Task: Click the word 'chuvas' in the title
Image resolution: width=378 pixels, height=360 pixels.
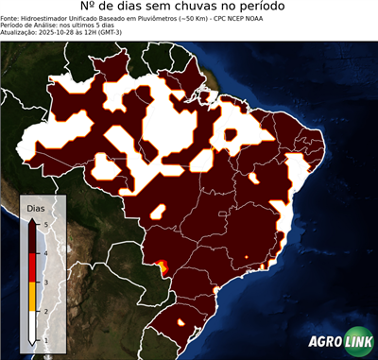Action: pos(190,9)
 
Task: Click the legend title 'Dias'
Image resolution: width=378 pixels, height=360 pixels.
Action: pos(35,207)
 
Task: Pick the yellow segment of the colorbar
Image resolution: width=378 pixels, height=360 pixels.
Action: pos(33,297)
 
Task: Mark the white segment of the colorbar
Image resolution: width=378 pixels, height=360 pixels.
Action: pos(33,326)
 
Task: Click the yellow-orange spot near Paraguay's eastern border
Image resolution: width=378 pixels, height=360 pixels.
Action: pos(162,266)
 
